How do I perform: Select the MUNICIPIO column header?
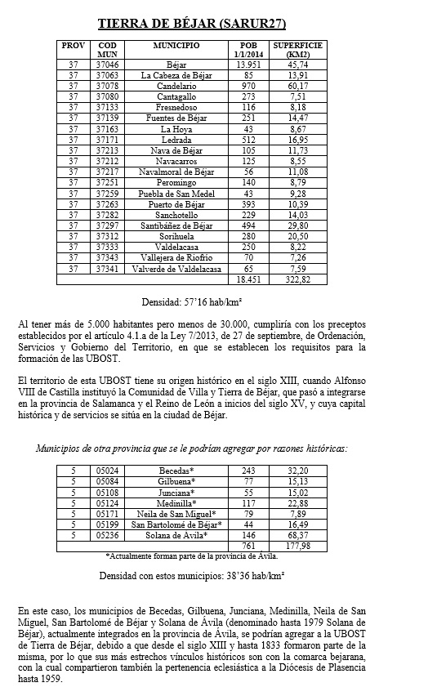(x=176, y=45)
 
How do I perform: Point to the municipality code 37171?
(x=107, y=140)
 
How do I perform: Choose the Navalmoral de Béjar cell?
(x=176, y=172)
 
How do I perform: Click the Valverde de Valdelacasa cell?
(x=176, y=269)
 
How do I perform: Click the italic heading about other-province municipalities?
(x=192, y=448)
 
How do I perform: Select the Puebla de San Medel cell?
(x=176, y=193)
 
